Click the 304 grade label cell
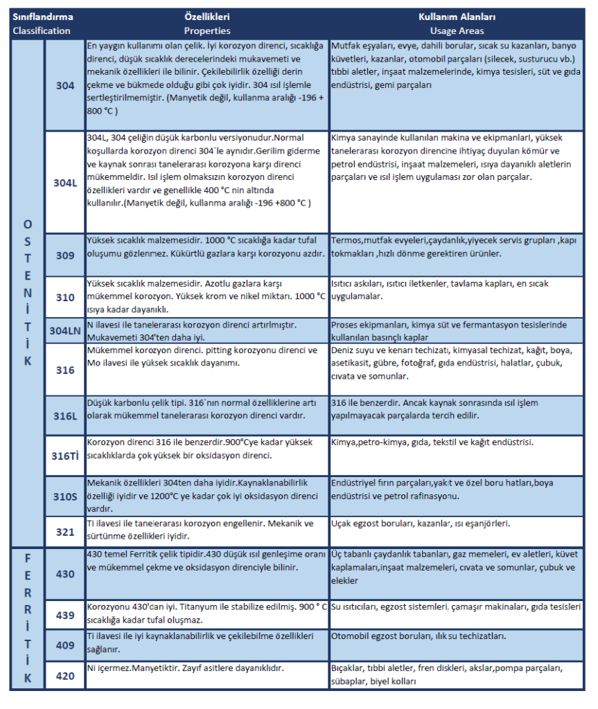pyautogui.click(x=65, y=86)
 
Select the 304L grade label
pyautogui.click(x=65, y=183)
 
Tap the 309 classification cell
pyautogui.click(x=65, y=255)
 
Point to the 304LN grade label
pyautogui.click(x=65, y=330)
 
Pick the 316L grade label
pyautogui.click(x=65, y=415)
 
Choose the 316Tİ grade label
pyautogui.click(x=65, y=456)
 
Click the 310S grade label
pyautogui.click(x=65, y=496)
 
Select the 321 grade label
pyautogui.click(x=65, y=532)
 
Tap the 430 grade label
pyautogui.click(x=65, y=574)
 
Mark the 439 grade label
pyautogui.click(x=65, y=614)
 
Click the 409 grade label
pyautogui.click(x=65, y=645)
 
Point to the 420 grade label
pyautogui.click(x=65, y=676)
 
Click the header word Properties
pyautogui.click(x=207, y=31)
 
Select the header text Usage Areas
pyautogui.click(x=457, y=31)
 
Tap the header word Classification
pyautogui.click(x=42, y=31)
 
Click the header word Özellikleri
pyautogui.click(x=207, y=17)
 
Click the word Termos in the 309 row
pyautogui.click(x=346, y=241)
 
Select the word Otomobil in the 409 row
pyautogui.click(x=351, y=636)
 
